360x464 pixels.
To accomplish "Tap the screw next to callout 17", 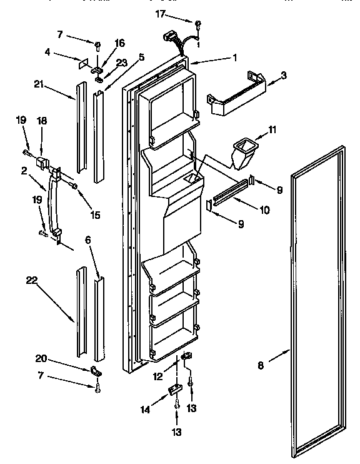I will [197, 26].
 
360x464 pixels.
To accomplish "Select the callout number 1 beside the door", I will [234, 58].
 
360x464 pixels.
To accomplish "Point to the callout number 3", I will [284, 75].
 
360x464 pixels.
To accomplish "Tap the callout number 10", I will [264, 211].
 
